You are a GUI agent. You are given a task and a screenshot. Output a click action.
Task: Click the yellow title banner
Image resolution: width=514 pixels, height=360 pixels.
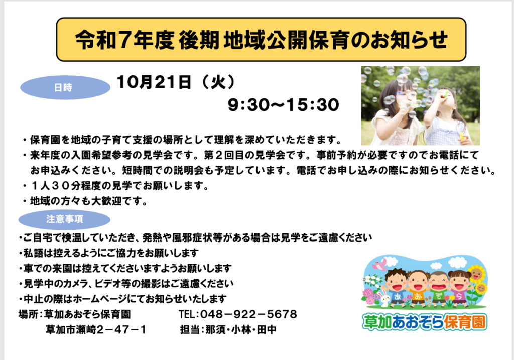click(x=261, y=39)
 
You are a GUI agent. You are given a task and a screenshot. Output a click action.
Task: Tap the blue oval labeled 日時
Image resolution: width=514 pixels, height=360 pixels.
click(x=65, y=87)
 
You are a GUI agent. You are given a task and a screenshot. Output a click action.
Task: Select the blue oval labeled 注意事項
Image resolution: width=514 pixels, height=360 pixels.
click(x=64, y=219)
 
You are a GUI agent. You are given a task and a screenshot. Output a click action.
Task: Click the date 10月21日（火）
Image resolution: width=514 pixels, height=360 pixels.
click(x=176, y=82)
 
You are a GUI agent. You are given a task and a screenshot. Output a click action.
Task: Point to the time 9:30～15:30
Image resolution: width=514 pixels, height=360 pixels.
click(x=284, y=105)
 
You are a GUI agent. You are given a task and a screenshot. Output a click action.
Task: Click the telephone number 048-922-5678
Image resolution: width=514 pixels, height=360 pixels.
click(x=238, y=314)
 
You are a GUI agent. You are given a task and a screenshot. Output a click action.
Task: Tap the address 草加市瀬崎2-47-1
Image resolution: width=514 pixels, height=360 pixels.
click(x=96, y=329)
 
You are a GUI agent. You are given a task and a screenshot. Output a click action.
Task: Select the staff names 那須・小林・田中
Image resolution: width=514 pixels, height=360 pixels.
click(x=241, y=329)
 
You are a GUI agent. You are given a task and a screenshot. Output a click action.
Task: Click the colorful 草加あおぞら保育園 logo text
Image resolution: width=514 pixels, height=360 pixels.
click(x=425, y=322)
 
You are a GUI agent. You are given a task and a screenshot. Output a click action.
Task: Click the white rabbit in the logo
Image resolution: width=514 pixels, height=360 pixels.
click(x=384, y=298)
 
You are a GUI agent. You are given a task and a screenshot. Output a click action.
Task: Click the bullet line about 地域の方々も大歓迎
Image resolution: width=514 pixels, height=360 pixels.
click(x=86, y=201)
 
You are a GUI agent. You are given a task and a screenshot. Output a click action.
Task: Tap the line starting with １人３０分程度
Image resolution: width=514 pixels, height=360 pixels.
click(x=116, y=186)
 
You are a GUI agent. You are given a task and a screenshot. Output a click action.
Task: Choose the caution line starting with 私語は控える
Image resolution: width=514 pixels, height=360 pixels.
click(x=108, y=253)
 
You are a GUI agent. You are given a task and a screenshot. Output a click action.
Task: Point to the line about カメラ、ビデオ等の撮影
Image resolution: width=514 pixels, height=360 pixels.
click(x=126, y=283)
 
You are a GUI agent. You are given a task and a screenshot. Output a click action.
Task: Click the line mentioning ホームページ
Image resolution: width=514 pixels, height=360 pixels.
click(x=122, y=299)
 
